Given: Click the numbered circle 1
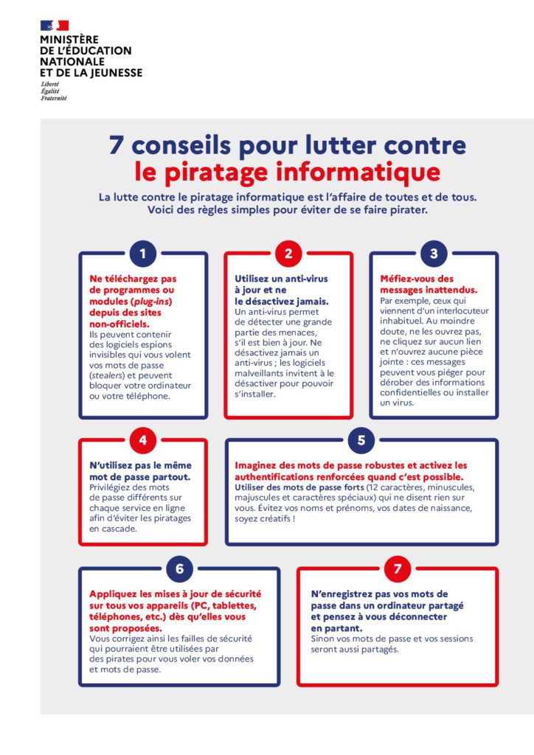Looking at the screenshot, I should (x=142, y=254).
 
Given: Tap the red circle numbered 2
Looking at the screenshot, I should (x=288, y=254).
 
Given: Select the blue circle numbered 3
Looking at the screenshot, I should (x=434, y=254).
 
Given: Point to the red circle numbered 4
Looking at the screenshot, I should (x=142, y=441).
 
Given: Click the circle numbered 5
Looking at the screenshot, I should (x=361, y=441).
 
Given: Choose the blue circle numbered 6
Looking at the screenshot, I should (x=179, y=569).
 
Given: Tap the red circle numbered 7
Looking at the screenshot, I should (x=398, y=569).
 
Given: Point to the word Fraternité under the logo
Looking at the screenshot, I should (x=54, y=98).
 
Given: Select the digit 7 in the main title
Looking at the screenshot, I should (x=116, y=145).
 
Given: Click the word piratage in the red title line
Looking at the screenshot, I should (x=223, y=173).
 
